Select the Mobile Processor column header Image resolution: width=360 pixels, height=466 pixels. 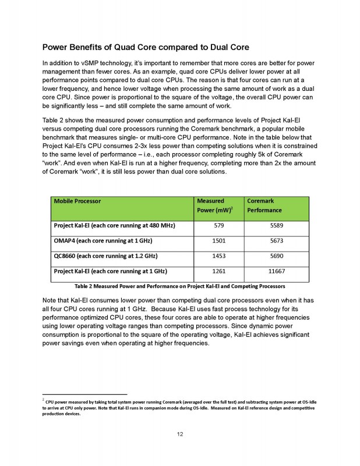pos(77,201)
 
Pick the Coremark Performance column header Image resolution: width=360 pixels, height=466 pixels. pos(265,205)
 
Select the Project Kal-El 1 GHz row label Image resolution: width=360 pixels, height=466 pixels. pos(111,272)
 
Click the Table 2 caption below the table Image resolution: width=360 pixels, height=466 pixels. pos(179,286)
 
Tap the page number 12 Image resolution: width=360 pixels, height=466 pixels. pos(180,434)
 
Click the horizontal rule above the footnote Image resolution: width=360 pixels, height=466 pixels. pos(84,394)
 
